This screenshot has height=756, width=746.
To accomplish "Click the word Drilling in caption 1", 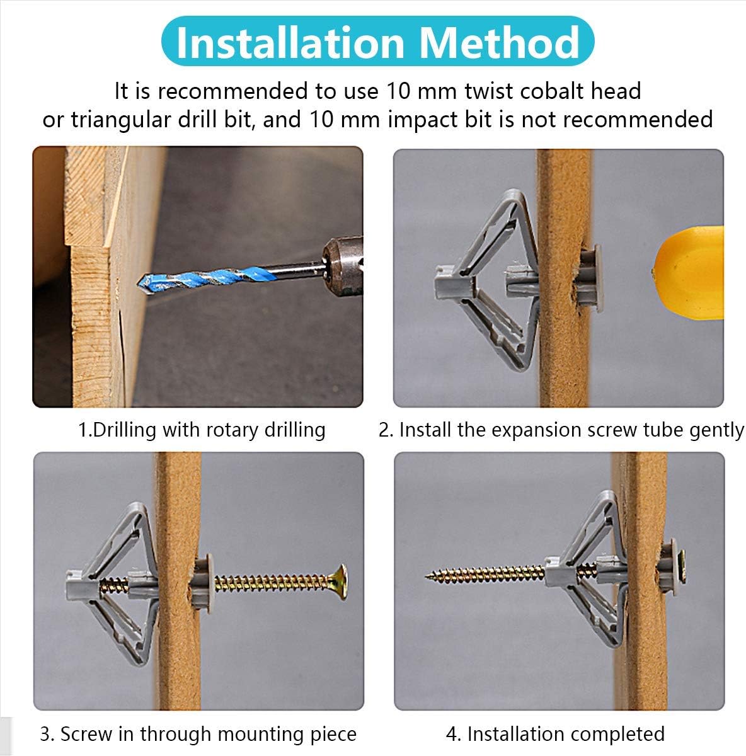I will click(x=124, y=430).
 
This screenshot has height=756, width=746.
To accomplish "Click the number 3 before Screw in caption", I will click(x=45, y=734).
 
